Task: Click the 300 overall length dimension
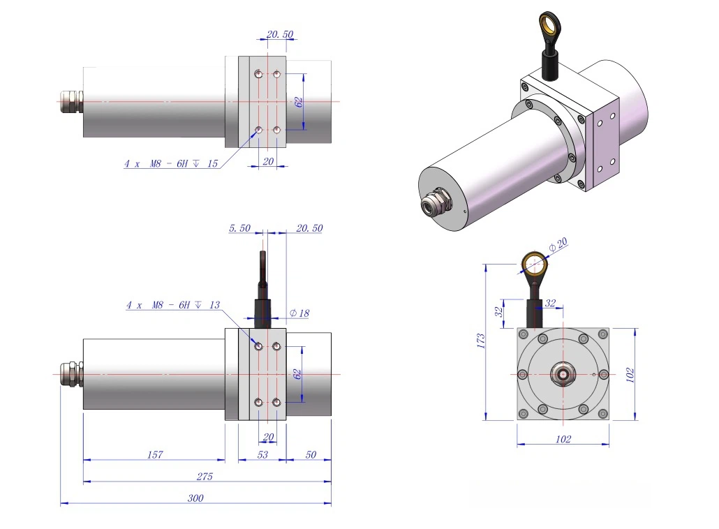point(195,498)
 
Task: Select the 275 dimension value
point(205,476)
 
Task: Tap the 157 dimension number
point(155,454)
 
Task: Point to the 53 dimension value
point(262,454)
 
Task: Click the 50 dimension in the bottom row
point(311,454)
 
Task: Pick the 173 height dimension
point(480,341)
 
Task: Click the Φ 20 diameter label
point(558,244)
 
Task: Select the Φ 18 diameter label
point(299,313)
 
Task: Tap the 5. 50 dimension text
point(240,228)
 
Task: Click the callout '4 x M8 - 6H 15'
point(171,163)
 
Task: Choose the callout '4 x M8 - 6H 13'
point(173,305)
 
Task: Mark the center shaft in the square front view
point(563,374)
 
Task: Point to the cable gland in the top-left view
point(71,101)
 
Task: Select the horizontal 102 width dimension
point(563,439)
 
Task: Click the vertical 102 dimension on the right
point(630,375)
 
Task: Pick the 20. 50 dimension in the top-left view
point(280,34)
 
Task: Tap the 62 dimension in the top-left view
point(299,102)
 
